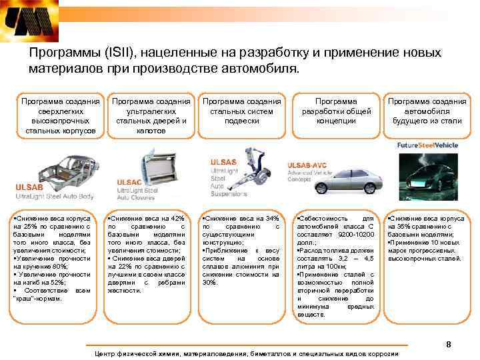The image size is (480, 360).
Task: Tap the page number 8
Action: tap(448, 344)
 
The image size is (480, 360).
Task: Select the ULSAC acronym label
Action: tap(129, 181)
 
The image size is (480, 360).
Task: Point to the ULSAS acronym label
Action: tap(223, 162)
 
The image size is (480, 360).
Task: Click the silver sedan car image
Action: tap(340, 181)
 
